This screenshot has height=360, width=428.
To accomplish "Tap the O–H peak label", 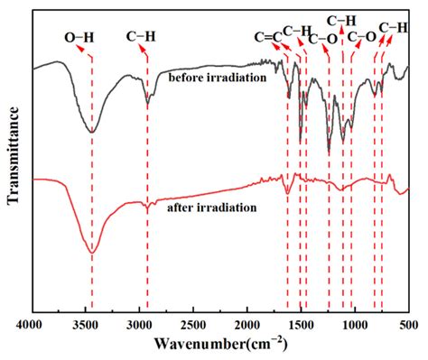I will tap(79, 37).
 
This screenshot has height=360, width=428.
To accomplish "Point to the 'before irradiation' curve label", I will tap(217, 78).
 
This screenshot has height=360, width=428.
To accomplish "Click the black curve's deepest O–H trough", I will tap(91, 132).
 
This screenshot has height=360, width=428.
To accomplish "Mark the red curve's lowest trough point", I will tap(91, 253).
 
